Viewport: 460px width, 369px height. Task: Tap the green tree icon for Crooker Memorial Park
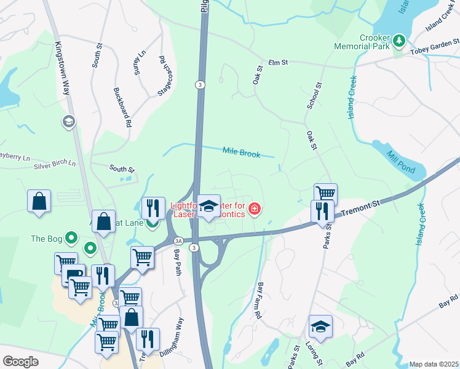399,41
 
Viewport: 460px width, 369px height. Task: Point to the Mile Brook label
242,152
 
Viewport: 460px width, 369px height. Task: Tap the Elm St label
279,63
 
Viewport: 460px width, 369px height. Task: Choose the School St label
314,95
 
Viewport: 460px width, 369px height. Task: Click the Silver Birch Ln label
55,164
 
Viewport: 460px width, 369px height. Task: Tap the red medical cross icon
254,210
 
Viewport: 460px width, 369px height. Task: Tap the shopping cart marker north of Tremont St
325,194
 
